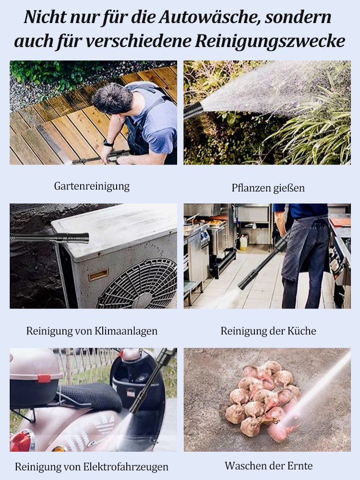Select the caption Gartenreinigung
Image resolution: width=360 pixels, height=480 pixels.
pos(92,186)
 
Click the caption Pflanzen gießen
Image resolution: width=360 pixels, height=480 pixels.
pos(268,188)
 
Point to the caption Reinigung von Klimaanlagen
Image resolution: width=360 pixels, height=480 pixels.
pos(92,331)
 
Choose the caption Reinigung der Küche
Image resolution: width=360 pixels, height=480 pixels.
pos(268,331)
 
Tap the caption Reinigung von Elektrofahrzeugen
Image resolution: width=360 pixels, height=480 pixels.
pos(92,466)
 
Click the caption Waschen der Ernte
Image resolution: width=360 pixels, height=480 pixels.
pos(268,465)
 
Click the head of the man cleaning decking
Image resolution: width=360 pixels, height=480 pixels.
pos(112,98)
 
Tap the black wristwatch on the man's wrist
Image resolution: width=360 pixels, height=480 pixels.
pos(108,143)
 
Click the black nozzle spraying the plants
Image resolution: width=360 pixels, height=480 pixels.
pos(193,111)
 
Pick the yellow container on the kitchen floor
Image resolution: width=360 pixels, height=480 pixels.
pos(243,243)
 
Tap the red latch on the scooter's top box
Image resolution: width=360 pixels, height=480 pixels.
pos(44,378)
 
